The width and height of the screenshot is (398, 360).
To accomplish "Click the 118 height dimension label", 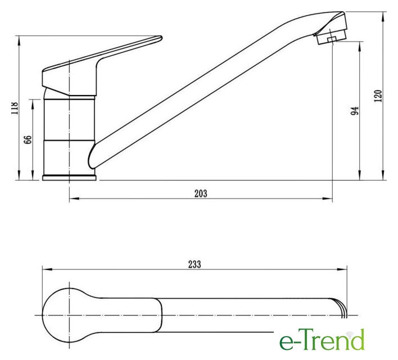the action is click(15, 108).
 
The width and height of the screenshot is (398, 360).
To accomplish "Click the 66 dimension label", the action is click(28, 139).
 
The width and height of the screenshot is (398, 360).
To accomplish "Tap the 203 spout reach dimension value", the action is click(201, 193).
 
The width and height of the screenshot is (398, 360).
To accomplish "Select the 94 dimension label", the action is click(355, 110).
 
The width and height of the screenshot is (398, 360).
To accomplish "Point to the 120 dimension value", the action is click(378, 96).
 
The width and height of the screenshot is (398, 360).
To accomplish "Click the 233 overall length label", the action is click(195, 264).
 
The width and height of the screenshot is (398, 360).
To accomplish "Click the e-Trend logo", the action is click(322, 339).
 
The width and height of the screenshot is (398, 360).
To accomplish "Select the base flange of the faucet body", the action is click(69, 178).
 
